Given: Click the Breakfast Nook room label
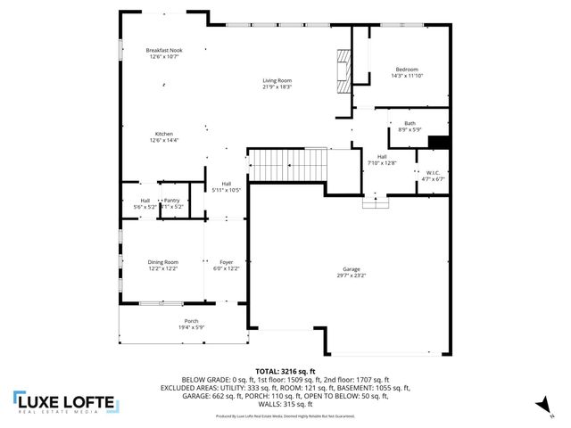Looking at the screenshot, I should click(163, 50).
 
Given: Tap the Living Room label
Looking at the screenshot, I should click(277, 80).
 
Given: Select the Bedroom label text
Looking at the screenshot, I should click(406, 70).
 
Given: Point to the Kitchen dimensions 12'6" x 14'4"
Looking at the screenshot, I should click(163, 140).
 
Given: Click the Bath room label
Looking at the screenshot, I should click(410, 123).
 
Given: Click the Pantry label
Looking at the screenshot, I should click(171, 201).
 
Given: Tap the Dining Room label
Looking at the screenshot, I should click(163, 261).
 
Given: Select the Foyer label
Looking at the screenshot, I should click(227, 261).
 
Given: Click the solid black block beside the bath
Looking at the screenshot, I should click(438, 142).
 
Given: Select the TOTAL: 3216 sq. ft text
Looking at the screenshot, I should click(285, 370).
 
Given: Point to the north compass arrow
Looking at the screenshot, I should click(540, 406).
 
